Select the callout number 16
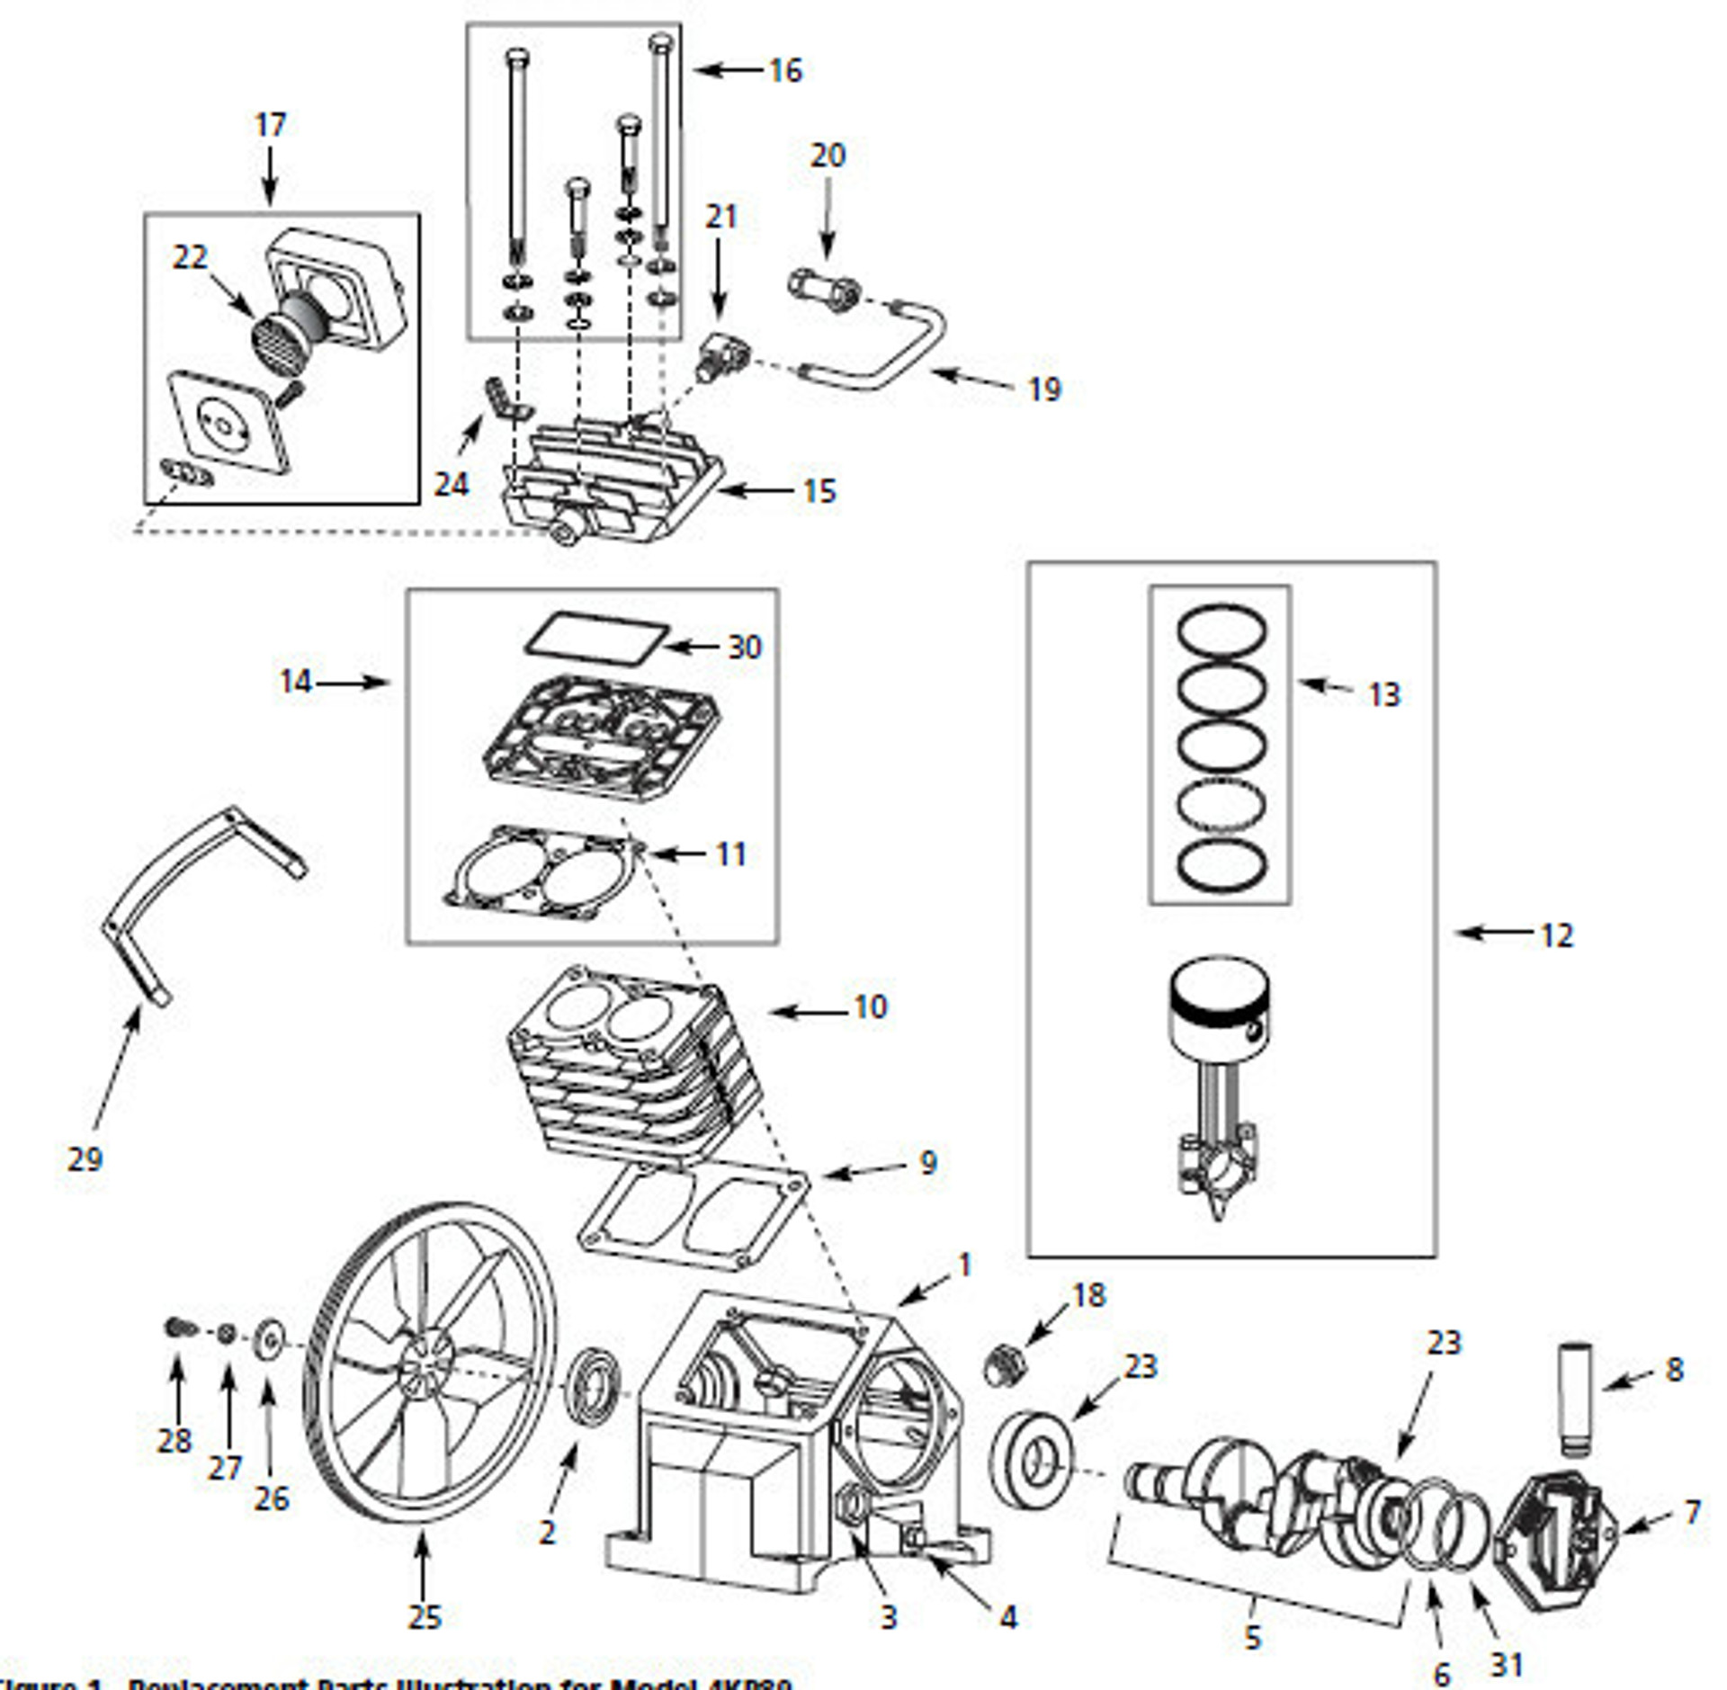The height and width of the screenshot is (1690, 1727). click(x=785, y=70)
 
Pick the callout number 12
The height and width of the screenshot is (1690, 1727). click(x=1557, y=935)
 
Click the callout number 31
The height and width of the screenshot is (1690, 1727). click(x=1507, y=1639)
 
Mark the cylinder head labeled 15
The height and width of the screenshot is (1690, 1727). click(x=612, y=486)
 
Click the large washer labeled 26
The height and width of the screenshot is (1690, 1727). click(x=268, y=1338)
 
